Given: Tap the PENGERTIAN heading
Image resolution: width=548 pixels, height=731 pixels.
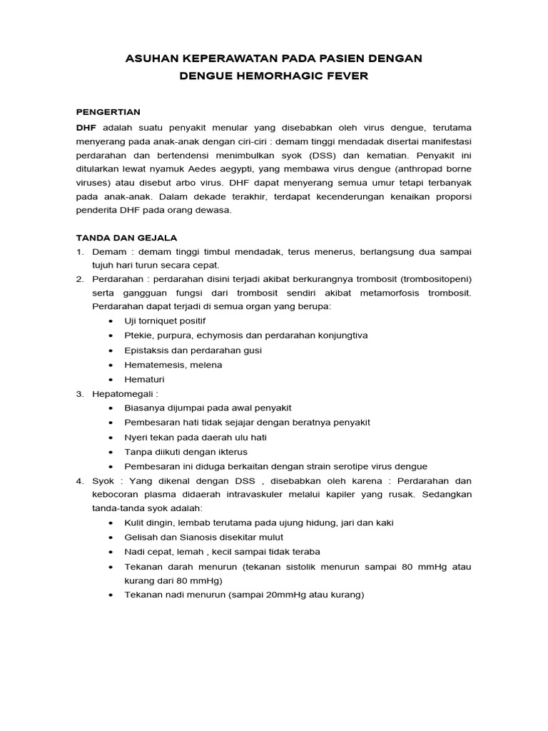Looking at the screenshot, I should [108, 112].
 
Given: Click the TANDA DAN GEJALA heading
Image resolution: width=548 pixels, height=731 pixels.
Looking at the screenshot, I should [127, 238].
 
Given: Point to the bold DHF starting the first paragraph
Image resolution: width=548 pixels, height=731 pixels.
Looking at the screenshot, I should [87, 128].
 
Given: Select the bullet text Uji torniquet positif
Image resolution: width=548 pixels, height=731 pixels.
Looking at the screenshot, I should [165, 321].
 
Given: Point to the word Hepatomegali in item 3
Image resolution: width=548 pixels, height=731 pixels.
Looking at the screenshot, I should [121, 393].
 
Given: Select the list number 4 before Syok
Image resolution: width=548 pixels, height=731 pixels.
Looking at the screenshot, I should [80, 480].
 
